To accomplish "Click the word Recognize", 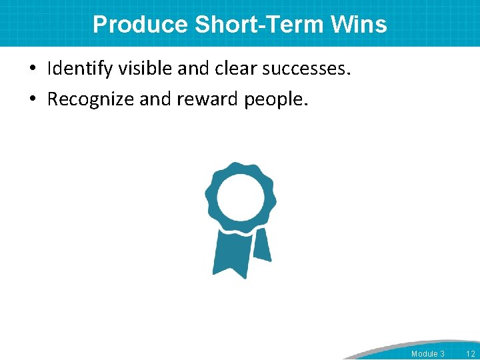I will pyautogui.click(x=89, y=99).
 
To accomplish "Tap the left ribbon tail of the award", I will pyautogui.click(x=229, y=254).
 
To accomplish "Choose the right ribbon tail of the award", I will pyautogui.click(x=261, y=245).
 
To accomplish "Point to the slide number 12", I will pyautogui.click(x=470, y=353).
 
